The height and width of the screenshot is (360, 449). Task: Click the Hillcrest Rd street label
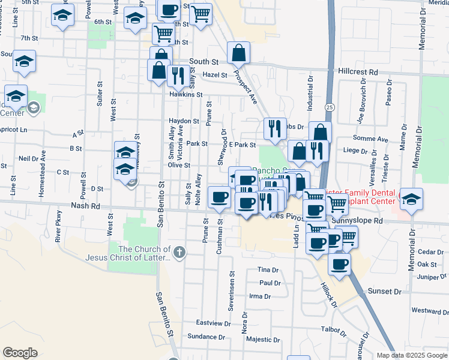tap(358, 71)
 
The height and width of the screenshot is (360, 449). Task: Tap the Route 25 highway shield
tap(331, 106)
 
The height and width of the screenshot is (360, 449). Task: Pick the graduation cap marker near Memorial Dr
tap(411, 200)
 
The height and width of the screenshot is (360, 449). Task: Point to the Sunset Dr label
tap(384, 291)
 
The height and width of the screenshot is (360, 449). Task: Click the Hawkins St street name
tap(185, 95)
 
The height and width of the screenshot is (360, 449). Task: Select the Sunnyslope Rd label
tap(361, 221)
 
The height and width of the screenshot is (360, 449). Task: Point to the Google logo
tap(20, 352)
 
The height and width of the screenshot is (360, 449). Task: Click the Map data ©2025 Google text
tap(411, 355)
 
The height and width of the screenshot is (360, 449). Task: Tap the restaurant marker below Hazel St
tap(176, 76)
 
